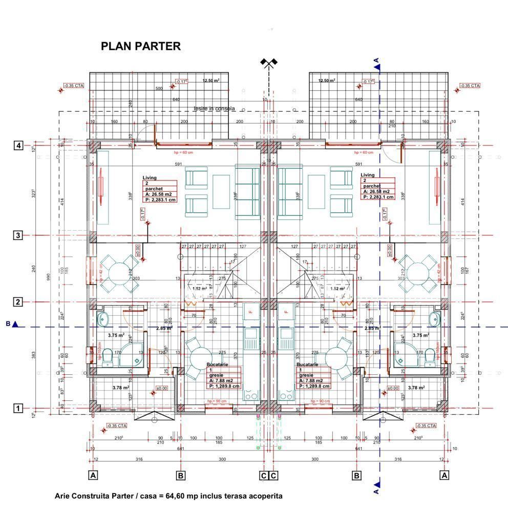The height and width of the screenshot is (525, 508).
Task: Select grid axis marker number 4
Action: tap(18, 146)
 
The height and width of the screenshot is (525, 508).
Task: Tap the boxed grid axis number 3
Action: tap(18, 235)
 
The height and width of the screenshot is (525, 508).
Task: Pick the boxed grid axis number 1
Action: tap(18, 409)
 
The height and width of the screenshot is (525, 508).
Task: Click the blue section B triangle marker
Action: tap(15, 324)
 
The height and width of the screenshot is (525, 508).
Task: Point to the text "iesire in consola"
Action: tap(214, 109)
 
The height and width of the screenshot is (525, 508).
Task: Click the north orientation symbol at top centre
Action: tap(268, 63)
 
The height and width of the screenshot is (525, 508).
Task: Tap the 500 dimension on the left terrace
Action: tap(159, 89)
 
